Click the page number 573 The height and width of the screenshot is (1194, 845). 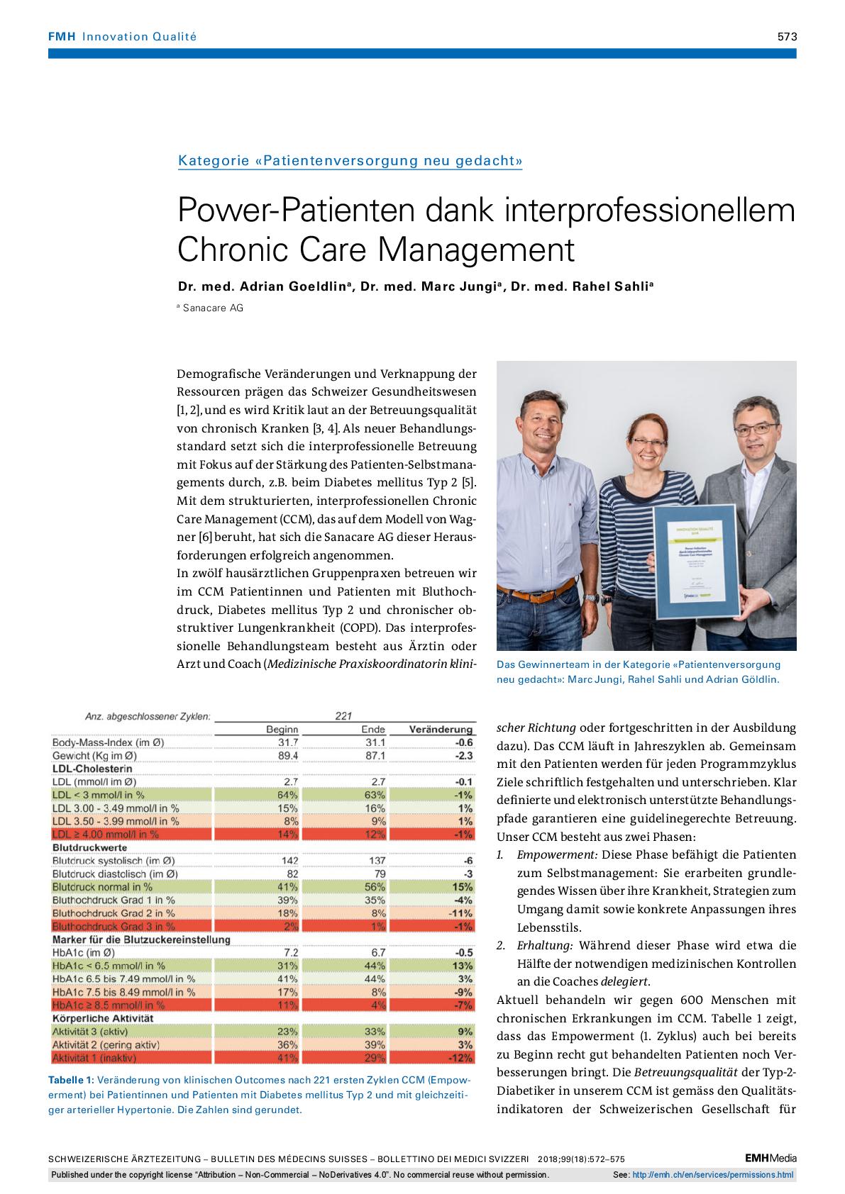(786, 37)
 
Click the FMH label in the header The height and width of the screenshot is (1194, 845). (62, 37)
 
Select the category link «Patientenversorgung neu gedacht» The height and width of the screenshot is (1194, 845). (350, 161)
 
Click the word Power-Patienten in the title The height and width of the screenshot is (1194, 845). (287, 211)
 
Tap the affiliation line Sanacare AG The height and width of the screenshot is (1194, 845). (212, 308)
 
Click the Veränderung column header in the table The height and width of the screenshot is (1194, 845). (441, 729)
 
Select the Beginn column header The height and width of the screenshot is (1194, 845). (282, 729)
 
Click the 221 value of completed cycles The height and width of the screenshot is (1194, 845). (343, 716)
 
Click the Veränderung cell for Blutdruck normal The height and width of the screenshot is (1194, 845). (462, 887)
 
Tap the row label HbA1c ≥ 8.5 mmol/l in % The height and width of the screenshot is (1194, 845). (109, 1005)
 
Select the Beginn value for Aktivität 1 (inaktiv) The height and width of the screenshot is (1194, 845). (287, 1058)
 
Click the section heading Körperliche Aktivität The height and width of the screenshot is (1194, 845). (103, 1018)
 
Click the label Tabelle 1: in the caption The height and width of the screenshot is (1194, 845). (70, 1080)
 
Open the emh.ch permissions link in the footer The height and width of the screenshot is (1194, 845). (712, 1175)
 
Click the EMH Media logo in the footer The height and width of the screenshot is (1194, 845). (771, 1158)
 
